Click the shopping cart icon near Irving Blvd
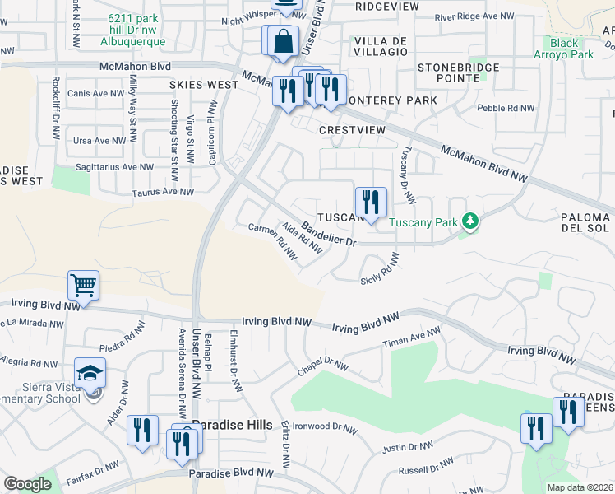tap(84, 286)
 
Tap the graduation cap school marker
tap(90, 373)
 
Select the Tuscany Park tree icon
tap(469, 221)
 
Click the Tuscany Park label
tap(424, 222)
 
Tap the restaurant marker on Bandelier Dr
tap(371, 201)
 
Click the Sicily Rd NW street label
tap(381, 270)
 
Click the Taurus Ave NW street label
tap(164, 192)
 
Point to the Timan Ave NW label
tap(412, 339)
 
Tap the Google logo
tap(27, 484)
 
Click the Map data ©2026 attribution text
tap(580, 487)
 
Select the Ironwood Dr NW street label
tap(329, 427)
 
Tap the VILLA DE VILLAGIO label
tap(380, 45)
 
